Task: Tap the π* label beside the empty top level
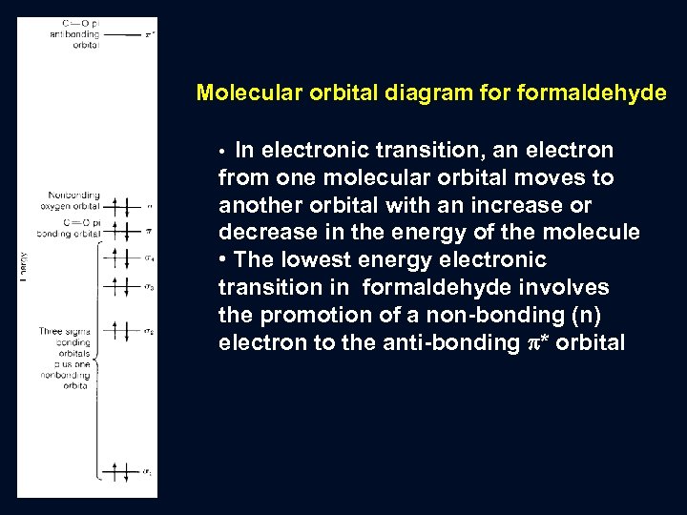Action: pos(148,37)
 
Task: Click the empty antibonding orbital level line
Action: pos(121,36)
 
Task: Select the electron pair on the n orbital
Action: pos(121,205)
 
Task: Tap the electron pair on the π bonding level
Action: pos(121,230)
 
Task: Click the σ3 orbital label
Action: pos(148,287)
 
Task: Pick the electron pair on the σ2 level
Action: pos(121,331)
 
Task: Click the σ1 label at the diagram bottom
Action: pos(148,472)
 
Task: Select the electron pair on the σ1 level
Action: pos(121,470)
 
